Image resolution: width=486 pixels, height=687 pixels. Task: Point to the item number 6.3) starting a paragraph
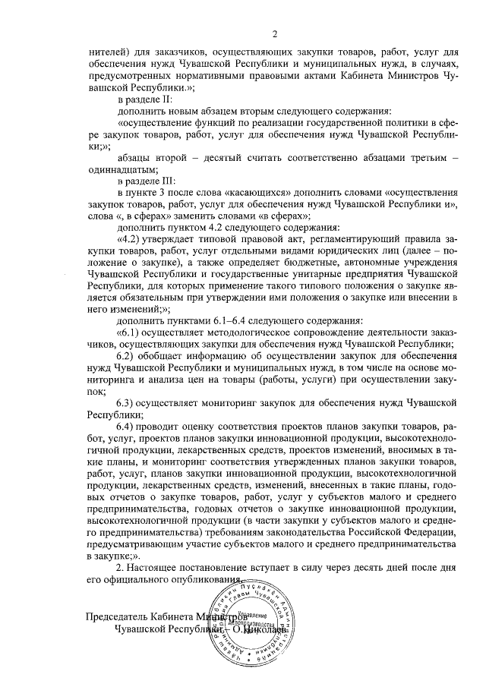point(127,402)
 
